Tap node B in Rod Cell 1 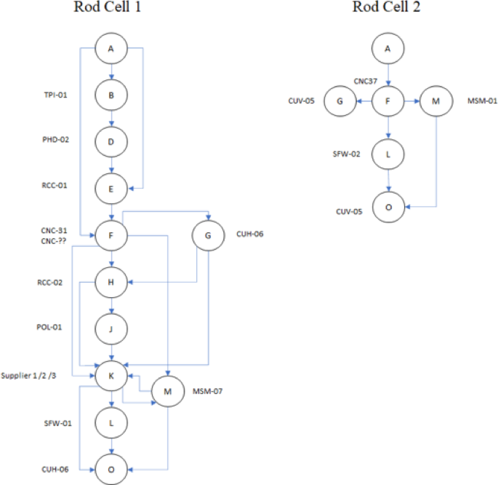(x=111, y=95)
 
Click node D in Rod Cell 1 (x=111, y=142)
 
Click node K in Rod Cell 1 (x=111, y=375)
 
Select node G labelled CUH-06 (x=209, y=236)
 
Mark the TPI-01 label (x=55, y=95)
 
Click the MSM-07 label (x=207, y=392)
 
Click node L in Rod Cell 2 (x=388, y=154)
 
